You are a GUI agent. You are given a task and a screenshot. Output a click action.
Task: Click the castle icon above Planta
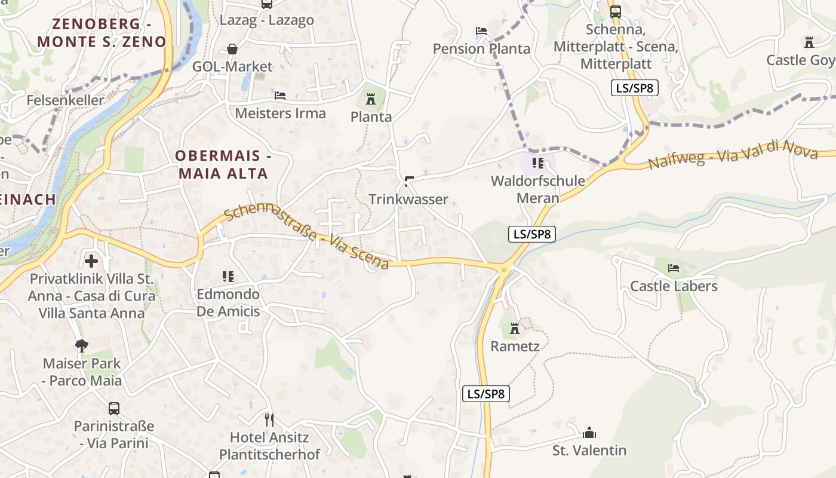[371, 99]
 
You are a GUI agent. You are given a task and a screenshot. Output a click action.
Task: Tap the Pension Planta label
[481, 49]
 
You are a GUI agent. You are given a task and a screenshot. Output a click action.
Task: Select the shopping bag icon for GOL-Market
[232, 49]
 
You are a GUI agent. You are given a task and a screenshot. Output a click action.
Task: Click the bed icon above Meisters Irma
[279, 96]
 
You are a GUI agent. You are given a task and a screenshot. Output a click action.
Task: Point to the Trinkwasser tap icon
[409, 181]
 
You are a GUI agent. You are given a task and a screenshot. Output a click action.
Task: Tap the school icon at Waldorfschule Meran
[537, 163]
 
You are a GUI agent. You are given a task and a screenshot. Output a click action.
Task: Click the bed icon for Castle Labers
[674, 268]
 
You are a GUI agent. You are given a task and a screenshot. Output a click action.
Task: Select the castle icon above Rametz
[515, 328]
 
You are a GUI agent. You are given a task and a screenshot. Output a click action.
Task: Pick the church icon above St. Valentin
[589, 433]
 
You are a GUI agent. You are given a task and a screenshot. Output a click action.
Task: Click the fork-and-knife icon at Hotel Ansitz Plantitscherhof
[269, 419]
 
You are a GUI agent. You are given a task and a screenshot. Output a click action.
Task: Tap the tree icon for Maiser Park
[82, 345]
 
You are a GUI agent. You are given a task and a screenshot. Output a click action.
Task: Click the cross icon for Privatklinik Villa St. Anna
[91, 261]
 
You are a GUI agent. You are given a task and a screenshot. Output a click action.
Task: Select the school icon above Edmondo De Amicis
[228, 276]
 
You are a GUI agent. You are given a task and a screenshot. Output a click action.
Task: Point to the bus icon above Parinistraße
[113, 409]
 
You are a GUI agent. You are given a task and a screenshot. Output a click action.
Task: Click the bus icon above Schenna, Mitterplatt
[615, 11]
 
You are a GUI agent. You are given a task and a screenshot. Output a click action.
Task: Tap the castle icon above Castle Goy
[809, 42]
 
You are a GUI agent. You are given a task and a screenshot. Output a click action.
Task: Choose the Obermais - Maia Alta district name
[223, 165]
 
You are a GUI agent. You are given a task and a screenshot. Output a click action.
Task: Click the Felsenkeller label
[65, 100]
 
